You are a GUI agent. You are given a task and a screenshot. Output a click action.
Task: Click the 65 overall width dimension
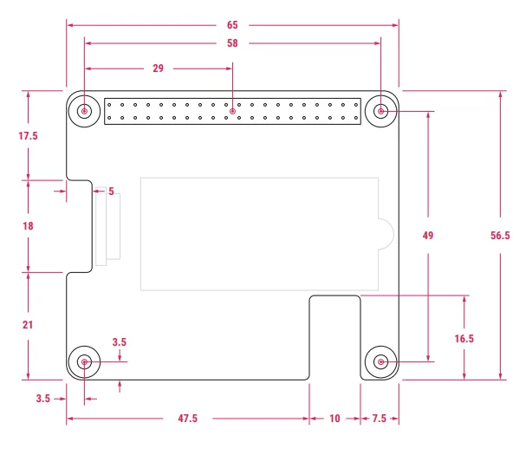tap(233, 25)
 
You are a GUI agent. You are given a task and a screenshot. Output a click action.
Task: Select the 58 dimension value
tap(233, 42)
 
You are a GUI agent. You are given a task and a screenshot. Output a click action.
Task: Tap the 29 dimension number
tap(158, 68)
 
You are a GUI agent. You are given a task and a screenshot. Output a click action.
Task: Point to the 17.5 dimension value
tap(29, 136)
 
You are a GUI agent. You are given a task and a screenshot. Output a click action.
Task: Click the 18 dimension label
tap(28, 226)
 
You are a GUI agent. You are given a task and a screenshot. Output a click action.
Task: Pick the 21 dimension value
tap(28, 325)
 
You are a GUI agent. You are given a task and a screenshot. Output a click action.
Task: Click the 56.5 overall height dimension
tap(501, 235)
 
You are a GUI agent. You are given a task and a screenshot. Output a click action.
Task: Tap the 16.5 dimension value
tap(464, 339)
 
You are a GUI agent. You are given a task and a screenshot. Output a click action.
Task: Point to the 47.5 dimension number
tap(188, 419)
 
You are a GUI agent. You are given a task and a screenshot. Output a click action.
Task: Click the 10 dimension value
tap(334, 419)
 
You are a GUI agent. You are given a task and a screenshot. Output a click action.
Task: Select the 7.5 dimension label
tap(380, 419)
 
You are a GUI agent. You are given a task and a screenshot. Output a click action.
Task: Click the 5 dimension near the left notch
tap(111, 191)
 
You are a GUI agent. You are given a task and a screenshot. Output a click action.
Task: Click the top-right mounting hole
tap(381, 111)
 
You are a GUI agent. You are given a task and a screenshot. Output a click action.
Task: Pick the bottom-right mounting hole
tap(381, 362)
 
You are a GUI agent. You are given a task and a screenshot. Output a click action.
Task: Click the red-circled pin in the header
tap(232, 111)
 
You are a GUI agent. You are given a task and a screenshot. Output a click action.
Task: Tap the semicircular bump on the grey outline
tap(386, 235)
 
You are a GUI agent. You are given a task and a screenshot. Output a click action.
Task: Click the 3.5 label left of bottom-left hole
tap(43, 399)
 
